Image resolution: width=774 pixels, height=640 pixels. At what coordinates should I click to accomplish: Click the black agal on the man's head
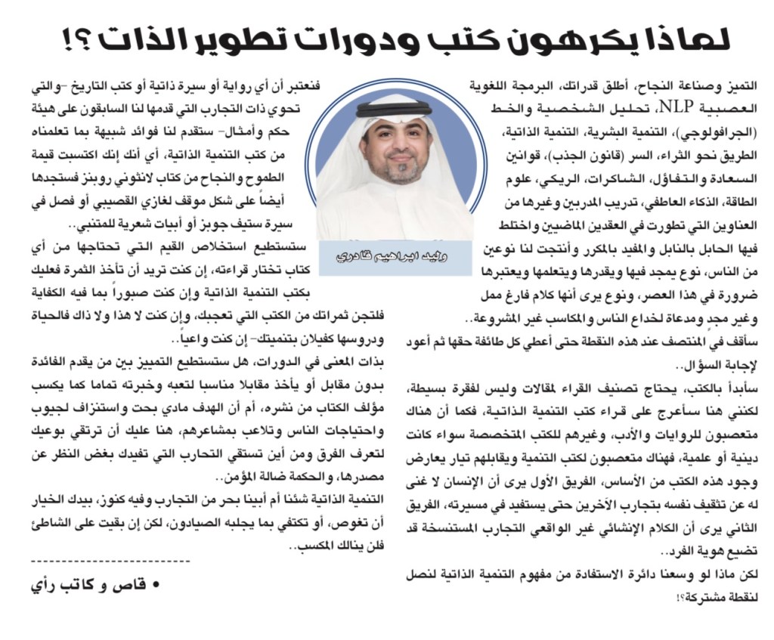click(x=395, y=108)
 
